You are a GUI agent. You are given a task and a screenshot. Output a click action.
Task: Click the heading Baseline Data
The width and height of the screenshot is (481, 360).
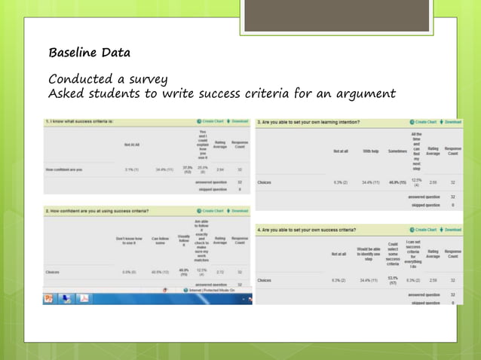click(89, 53)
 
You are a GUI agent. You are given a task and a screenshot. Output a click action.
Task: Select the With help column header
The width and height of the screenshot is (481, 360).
click(370, 151)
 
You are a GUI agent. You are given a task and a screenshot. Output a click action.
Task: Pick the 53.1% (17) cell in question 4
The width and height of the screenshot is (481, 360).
click(392, 281)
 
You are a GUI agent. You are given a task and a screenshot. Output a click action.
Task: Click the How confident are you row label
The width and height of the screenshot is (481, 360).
click(64, 169)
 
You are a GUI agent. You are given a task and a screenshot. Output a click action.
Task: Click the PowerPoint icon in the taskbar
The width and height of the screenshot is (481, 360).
click(49, 298)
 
